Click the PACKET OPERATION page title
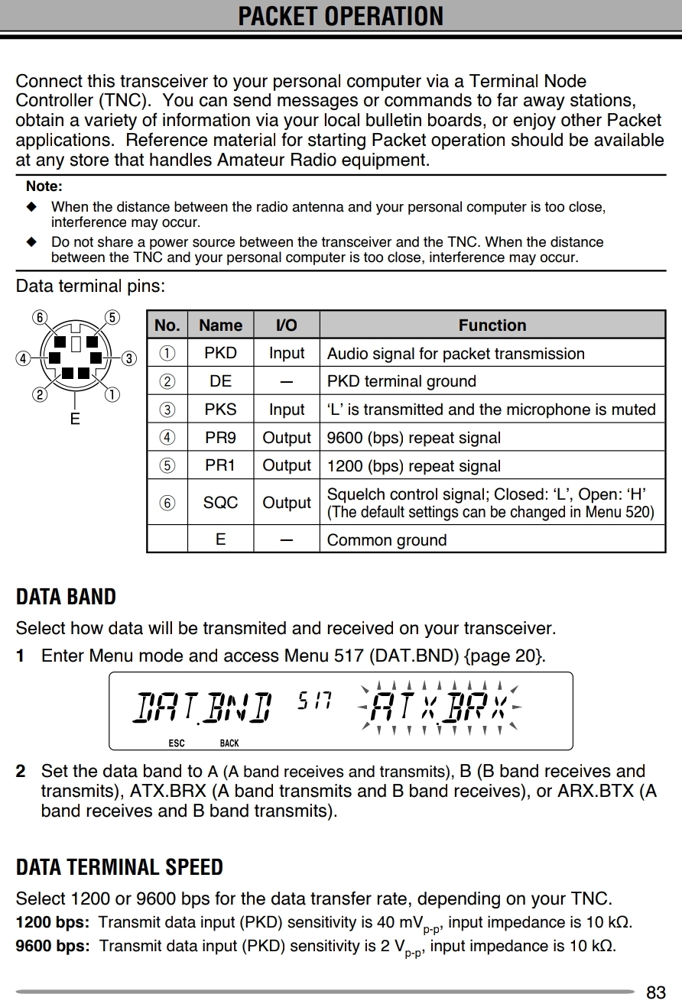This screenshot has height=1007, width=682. click(x=340, y=16)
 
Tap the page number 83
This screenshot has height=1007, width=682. click(x=655, y=992)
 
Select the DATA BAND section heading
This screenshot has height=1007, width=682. click(x=66, y=597)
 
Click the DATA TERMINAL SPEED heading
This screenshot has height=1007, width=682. click(x=119, y=867)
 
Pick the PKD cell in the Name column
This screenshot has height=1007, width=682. click(x=220, y=353)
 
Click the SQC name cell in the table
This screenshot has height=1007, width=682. click(x=220, y=503)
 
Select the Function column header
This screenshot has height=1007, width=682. click(x=492, y=325)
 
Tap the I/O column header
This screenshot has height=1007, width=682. click(x=286, y=325)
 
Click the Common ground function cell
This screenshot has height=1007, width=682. click(x=386, y=540)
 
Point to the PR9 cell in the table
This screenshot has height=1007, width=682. click(x=220, y=438)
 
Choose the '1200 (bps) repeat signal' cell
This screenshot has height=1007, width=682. click(x=414, y=466)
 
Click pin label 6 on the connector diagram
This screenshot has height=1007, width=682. click(x=40, y=318)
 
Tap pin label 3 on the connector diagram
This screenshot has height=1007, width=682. click(x=129, y=358)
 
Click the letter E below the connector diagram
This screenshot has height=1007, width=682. click(x=75, y=419)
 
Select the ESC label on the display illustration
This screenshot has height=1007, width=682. click(x=176, y=743)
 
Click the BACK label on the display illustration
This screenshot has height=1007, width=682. click(x=229, y=743)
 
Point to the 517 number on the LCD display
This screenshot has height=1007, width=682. click(x=313, y=700)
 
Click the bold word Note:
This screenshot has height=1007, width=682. click(x=44, y=186)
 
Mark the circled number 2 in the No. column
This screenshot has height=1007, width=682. click(x=167, y=381)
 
